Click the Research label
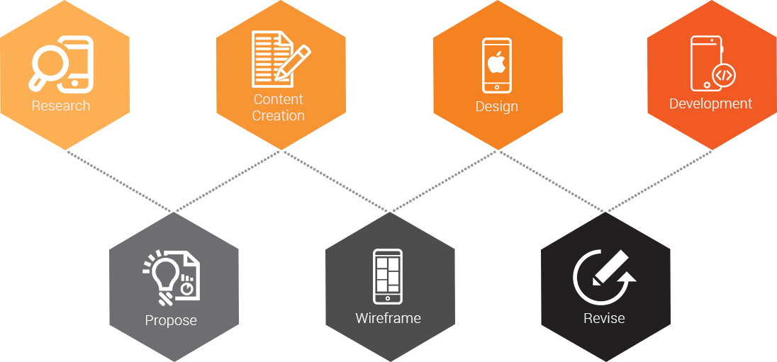(61, 106)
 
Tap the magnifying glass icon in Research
(48, 65)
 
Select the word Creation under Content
(279, 115)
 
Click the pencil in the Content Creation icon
(293, 62)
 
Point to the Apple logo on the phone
(497, 62)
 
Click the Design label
(497, 107)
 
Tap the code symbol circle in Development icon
(723, 75)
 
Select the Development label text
(710, 104)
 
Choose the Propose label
(171, 321)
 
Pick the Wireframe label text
(388, 319)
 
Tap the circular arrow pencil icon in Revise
(603, 276)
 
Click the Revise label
(604, 319)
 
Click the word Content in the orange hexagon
(279, 100)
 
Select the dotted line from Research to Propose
(121, 181)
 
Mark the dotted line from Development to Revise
(659, 181)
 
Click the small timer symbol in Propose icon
(187, 288)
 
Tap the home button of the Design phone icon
(497, 87)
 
